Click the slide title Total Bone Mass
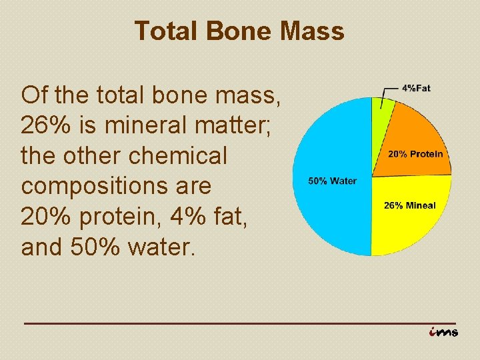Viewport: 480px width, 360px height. point(239,31)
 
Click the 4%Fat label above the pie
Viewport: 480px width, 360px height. point(416,89)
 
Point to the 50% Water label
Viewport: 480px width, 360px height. point(332,181)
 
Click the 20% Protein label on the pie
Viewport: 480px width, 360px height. point(415,154)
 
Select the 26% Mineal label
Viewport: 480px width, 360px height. point(409,205)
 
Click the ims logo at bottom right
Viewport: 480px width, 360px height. point(443,331)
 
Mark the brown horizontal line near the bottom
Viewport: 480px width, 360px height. point(240,323)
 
